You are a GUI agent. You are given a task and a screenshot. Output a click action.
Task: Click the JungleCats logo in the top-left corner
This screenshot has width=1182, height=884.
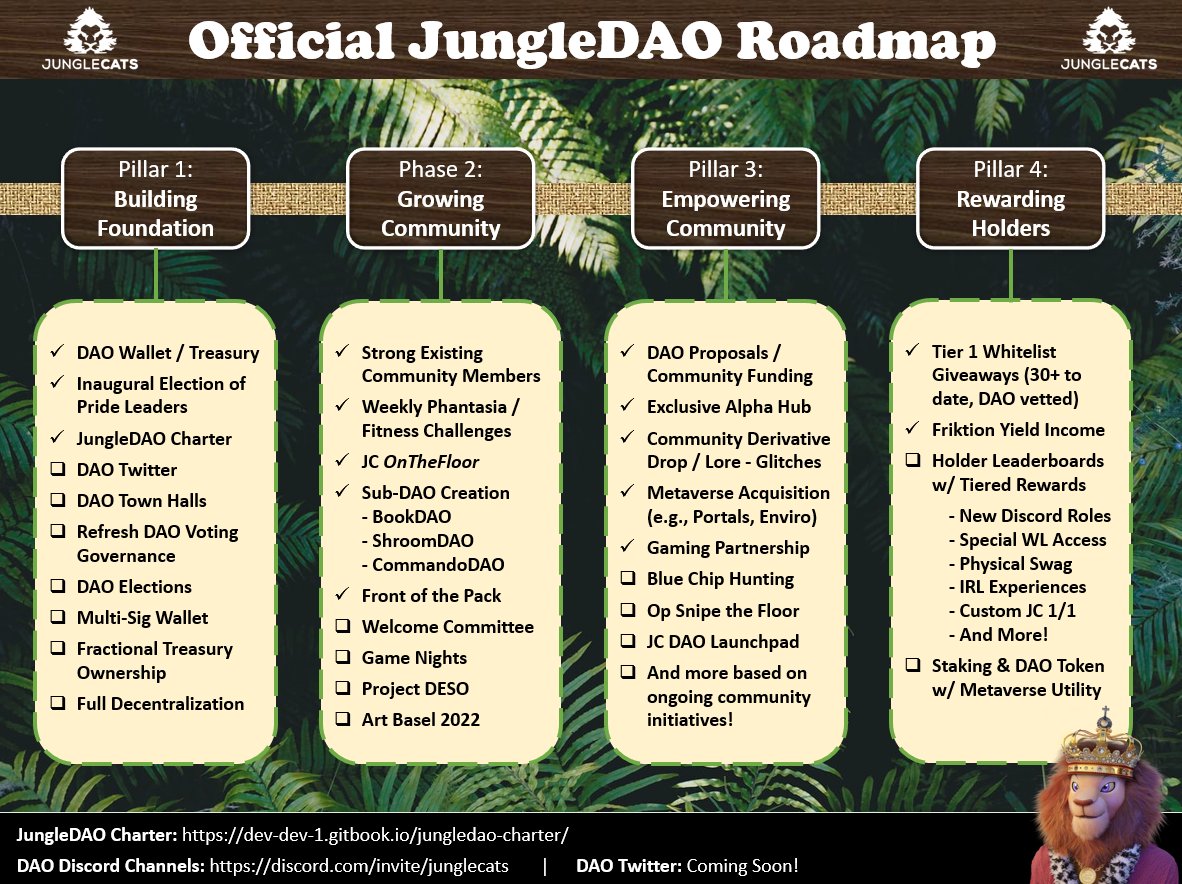pyautogui.click(x=90, y=39)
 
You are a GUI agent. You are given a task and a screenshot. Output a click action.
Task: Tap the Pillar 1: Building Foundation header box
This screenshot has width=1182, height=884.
pyautogui.click(x=155, y=199)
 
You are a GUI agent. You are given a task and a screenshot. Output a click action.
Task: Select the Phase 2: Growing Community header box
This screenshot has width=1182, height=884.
pyautogui.click(x=440, y=199)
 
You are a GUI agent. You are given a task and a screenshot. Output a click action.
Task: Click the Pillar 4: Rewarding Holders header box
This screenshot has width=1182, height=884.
pyautogui.click(x=1010, y=199)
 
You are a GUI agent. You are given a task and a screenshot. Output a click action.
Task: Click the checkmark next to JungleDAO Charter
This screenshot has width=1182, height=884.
pyautogui.click(x=57, y=439)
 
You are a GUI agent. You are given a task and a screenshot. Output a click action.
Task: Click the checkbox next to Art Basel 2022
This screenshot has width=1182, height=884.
pyautogui.click(x=343, y=720)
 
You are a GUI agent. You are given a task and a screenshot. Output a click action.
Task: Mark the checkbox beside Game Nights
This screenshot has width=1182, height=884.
pyautogui.click(x=343, y=658)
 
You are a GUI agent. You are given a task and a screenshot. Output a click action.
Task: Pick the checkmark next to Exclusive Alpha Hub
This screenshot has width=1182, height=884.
pyautogui.click(x=627, y=407)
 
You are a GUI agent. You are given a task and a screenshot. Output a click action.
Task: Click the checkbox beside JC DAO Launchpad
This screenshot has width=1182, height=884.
pyautogui.click(x=627, y=642)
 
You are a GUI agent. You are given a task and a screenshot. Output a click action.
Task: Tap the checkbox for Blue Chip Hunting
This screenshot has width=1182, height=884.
pyautogui.click(x=627, y=579)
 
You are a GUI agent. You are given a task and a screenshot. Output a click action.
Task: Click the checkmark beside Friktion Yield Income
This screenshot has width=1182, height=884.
pyautogui.click(x=912, y=430)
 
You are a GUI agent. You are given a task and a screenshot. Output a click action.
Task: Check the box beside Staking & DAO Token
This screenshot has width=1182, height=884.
pyautogui.click(x=912, y=666)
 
